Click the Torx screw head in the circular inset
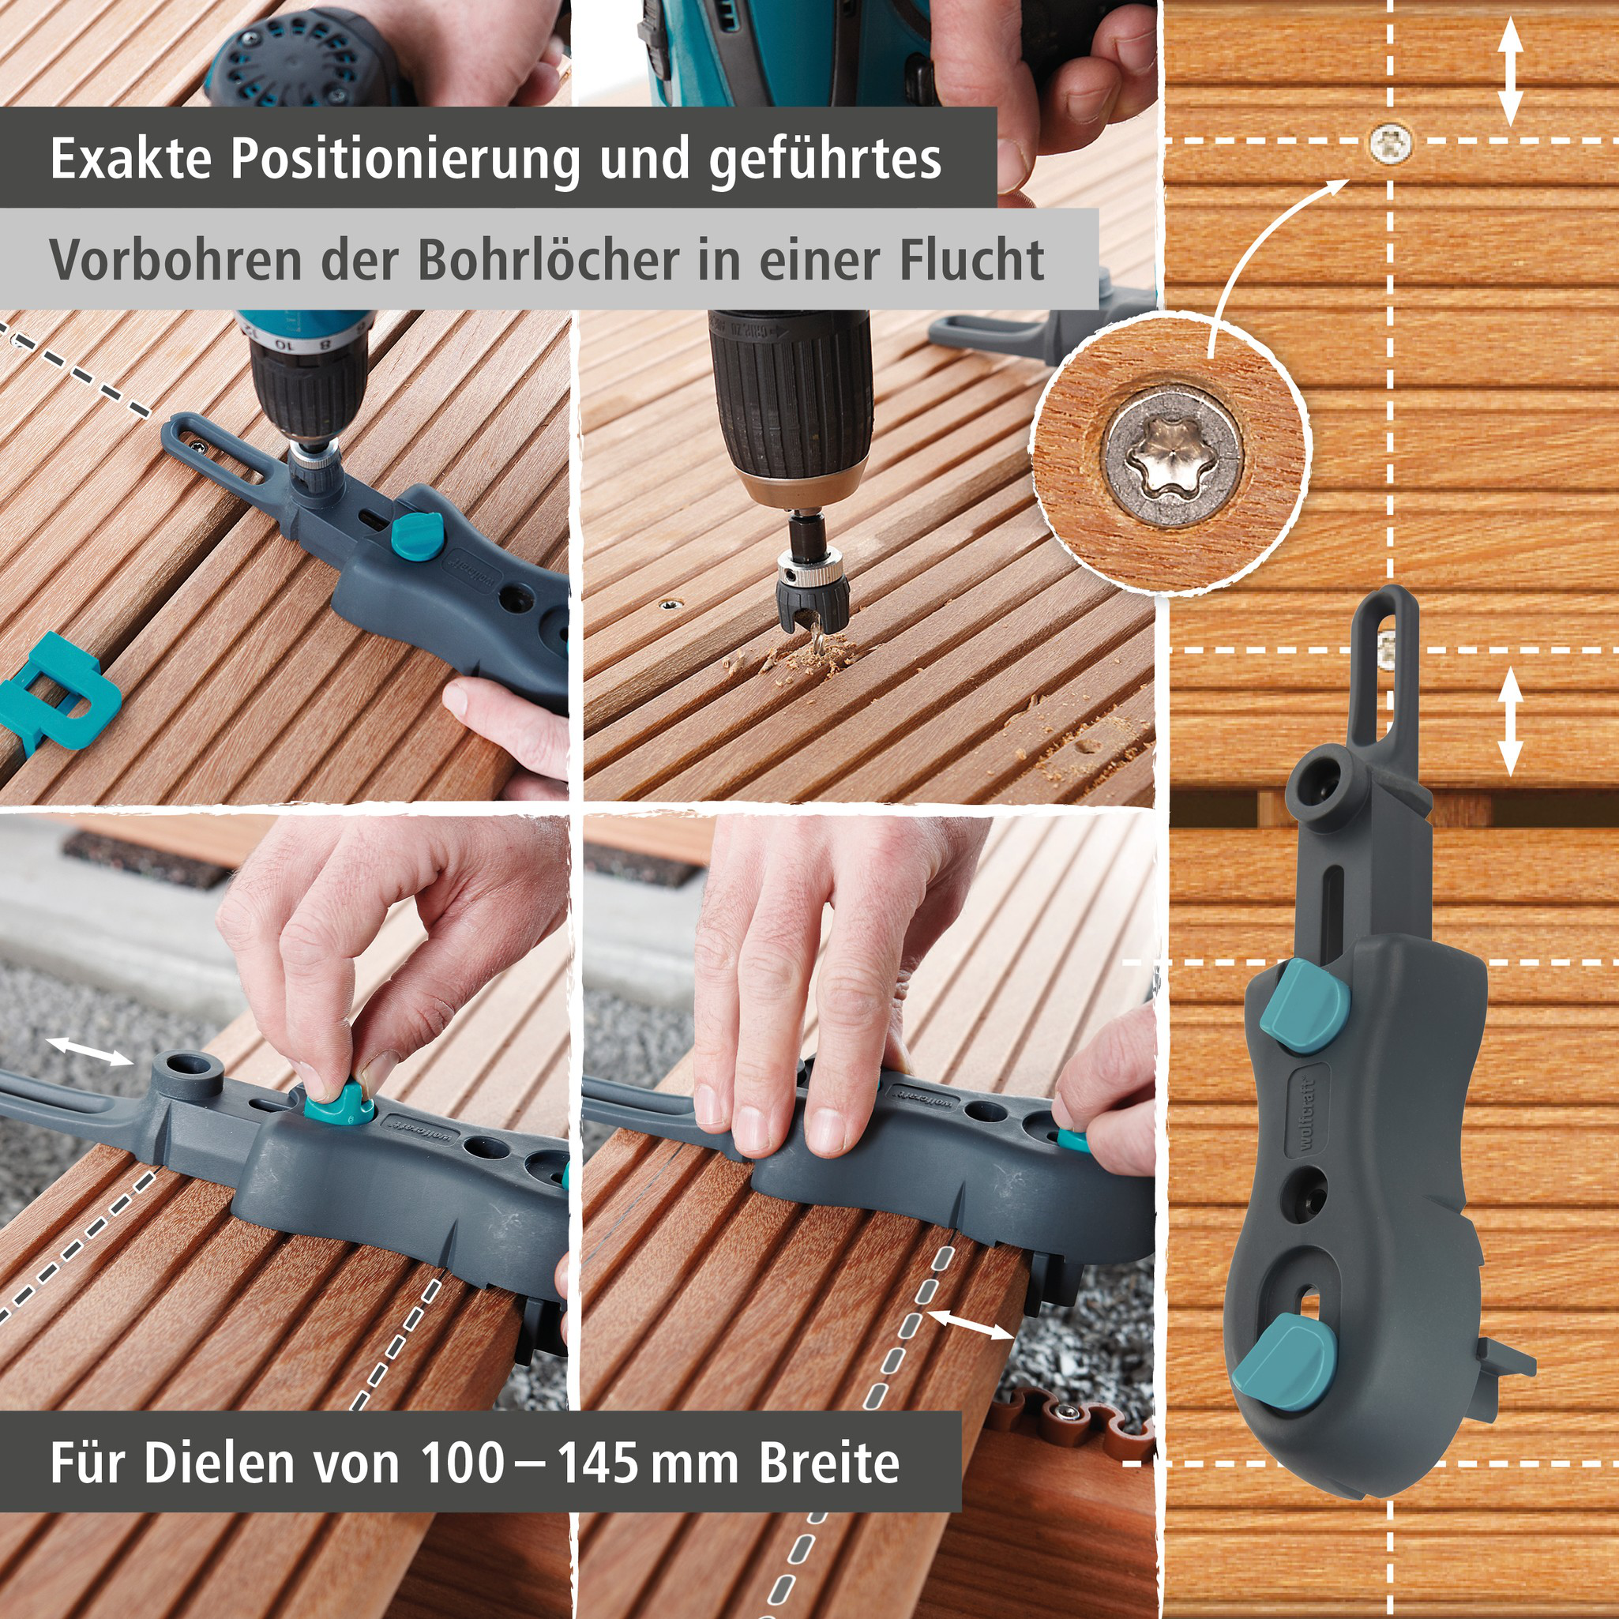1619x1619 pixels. point(1170,456)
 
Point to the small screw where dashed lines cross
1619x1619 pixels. point(1390,142)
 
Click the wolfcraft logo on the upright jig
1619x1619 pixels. point(1309,1114)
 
